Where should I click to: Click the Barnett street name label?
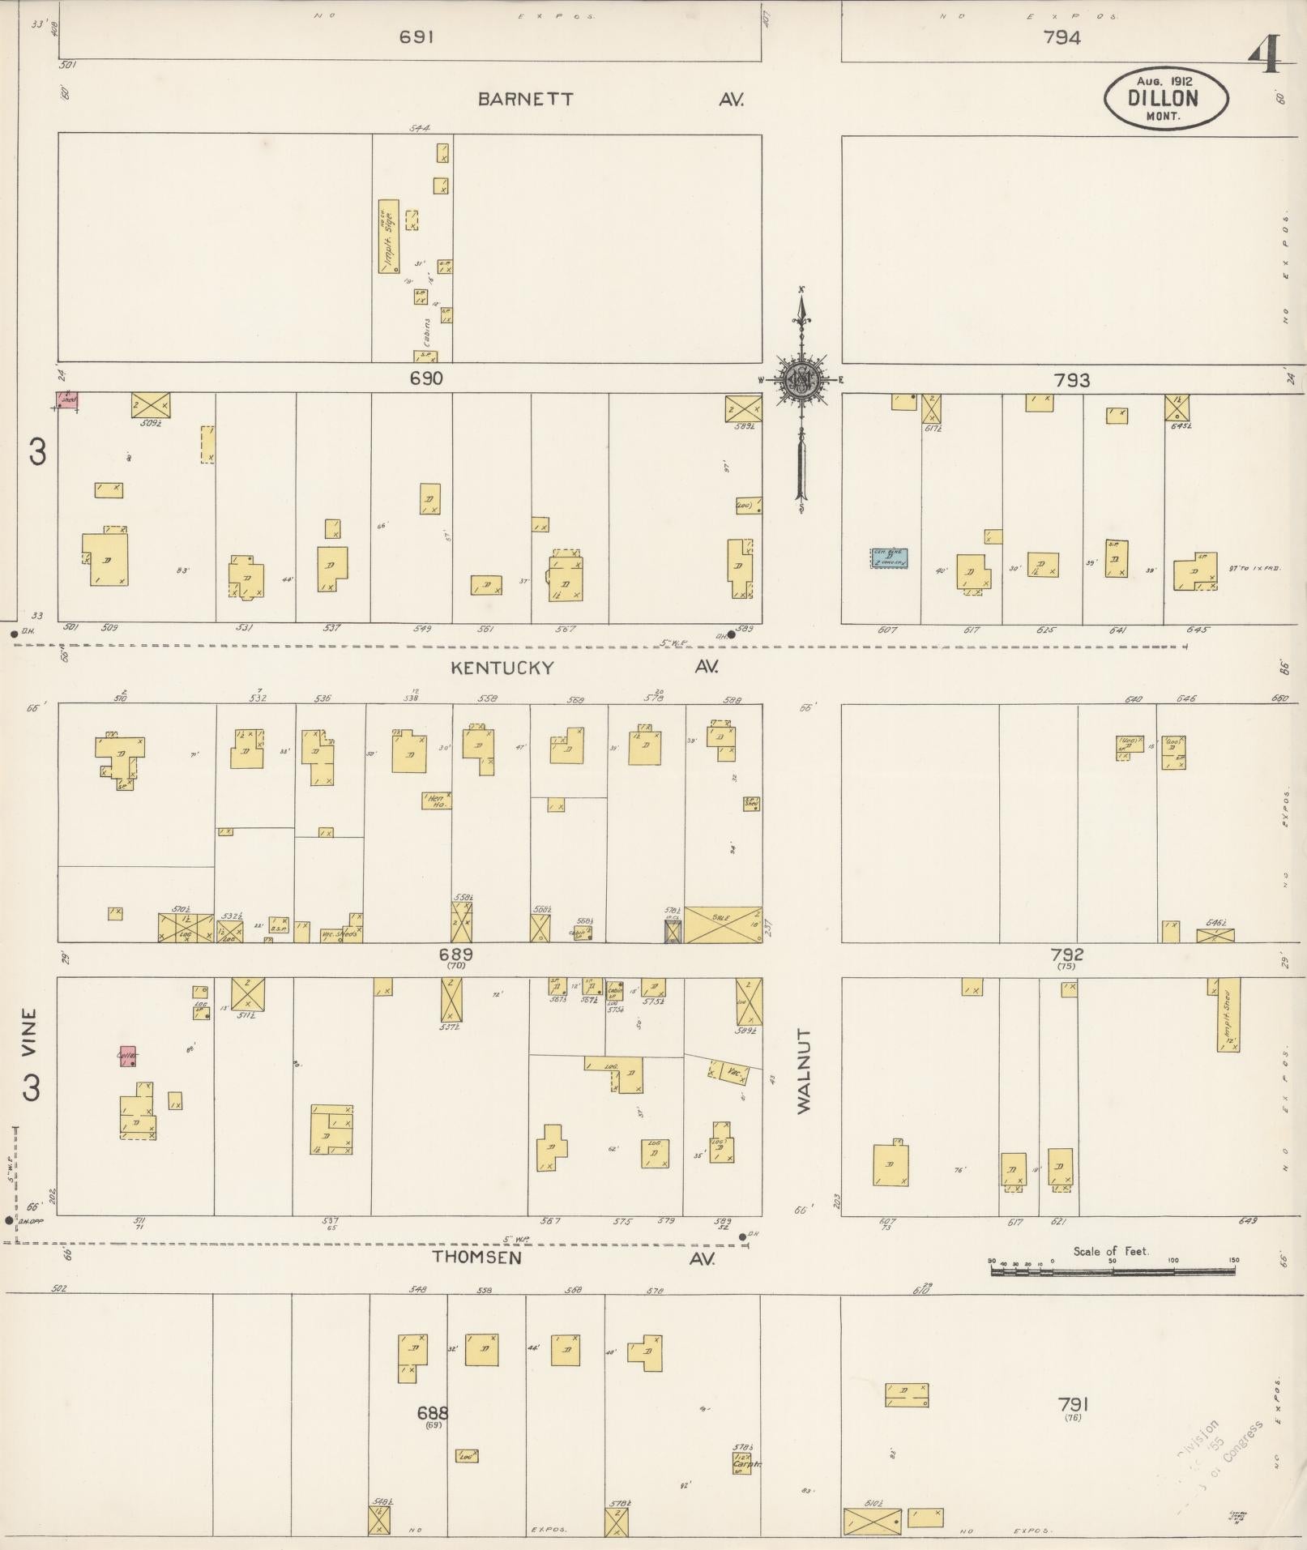coord(525,100)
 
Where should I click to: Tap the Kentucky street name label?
coord(502,668)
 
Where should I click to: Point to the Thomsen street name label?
coord(476,1258)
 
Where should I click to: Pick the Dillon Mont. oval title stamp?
coord(1165,98)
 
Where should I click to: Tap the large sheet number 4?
coord(1264,57)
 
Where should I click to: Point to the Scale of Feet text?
coord(1111,1251)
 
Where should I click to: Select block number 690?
coord(426,378)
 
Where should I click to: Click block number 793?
coord(1071,380)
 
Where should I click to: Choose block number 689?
coord(456,955)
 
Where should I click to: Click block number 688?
coord(433,1413)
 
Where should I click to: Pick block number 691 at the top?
coord(417,36)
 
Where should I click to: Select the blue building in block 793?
coord(889,557)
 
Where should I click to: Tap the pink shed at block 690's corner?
coord(68,399)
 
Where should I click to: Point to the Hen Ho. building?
coord(436,801)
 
